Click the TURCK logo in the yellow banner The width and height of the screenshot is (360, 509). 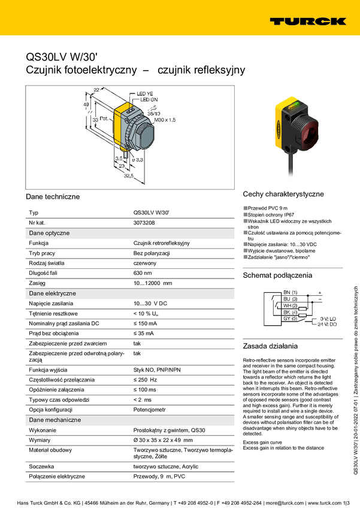[x=307, y=21]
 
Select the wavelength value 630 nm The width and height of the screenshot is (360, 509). [x=143, y=272]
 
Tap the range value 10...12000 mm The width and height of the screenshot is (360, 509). [x=152, y=283]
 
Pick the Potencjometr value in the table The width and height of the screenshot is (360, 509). [x=149, y=410]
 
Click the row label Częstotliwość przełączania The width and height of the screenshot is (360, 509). [x=61, y=380]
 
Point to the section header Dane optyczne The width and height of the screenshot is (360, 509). [x=49, y=233]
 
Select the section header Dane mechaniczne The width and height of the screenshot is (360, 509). [x=55, y=420]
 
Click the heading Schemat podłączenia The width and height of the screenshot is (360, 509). [x=277, y=275]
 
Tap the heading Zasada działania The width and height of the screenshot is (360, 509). [x=270, y=346]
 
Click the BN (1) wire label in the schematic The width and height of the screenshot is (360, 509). [x=290, y=292]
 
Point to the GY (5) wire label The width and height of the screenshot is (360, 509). [x=290, y=319]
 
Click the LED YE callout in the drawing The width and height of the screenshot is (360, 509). [x=145, y=93]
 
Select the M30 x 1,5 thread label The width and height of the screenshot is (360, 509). [x=165, y=120]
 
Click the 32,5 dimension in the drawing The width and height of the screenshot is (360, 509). [x=126, y=177]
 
